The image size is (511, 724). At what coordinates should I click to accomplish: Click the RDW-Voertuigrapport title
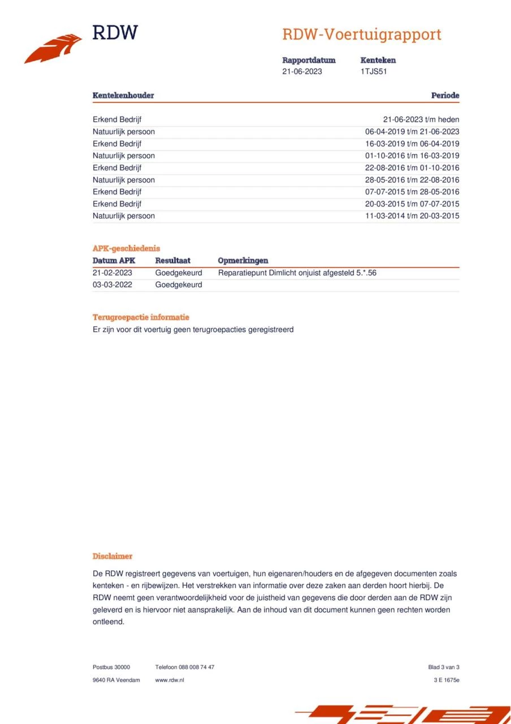pyautogui.click(x=361, y=35)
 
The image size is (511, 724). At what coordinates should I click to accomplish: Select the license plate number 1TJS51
pyautogui.click(x=374, y=71)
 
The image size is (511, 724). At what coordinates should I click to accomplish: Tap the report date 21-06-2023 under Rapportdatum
pyautogui.click(x=302, y=71)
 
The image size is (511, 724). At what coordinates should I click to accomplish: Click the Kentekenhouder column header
pyautogui.click(x=123, y=96)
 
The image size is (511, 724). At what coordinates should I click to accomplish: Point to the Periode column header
pyautogui.click(x=445, y=96)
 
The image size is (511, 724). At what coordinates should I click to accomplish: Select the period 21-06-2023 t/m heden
pyautogui.click(x=421, y=119)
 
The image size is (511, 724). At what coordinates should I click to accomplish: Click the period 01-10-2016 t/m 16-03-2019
pyautogui.click(x=412, y=156)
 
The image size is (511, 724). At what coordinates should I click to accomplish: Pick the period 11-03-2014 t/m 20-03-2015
pyautogui.click(x=412, y=216)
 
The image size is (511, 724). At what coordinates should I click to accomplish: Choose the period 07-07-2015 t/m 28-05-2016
pyautogui.click(x=412, y=192)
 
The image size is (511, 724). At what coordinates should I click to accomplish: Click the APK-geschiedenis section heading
pyautogui.click(x=126, y=248)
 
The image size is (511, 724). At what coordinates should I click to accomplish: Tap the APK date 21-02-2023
pyautogui.click(x=112, y=273)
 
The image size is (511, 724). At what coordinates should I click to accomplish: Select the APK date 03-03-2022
pyautogui.click(x=112, y=285)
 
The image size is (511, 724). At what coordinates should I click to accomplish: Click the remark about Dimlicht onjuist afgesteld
pyautogui.click(x=297, y=273)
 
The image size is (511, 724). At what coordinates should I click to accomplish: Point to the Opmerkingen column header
pyautogui.click(x=242, y=261)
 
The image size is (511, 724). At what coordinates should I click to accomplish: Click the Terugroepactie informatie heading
pyautogui.click(x=141, y=317)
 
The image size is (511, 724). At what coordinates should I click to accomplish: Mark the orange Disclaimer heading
pyautogui.click(x=112, y=557)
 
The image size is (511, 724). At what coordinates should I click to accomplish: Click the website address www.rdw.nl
pyautogui.click(x=170, y=680)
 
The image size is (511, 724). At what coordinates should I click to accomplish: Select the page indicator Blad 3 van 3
pyautogui.click(x=444, y=667)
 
